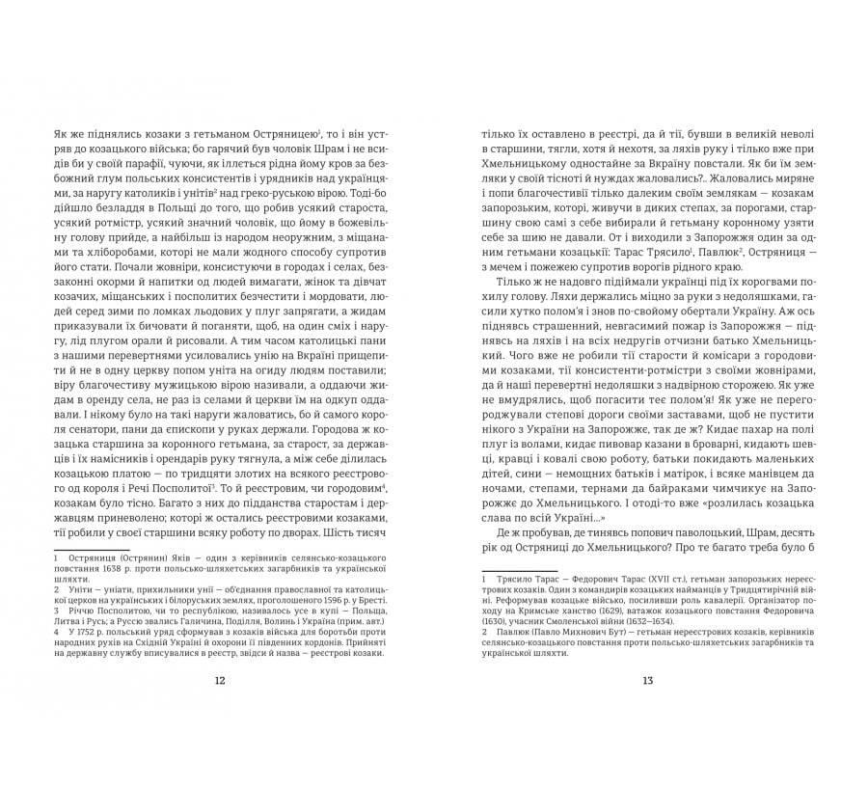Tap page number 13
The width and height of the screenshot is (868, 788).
point(647,680)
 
